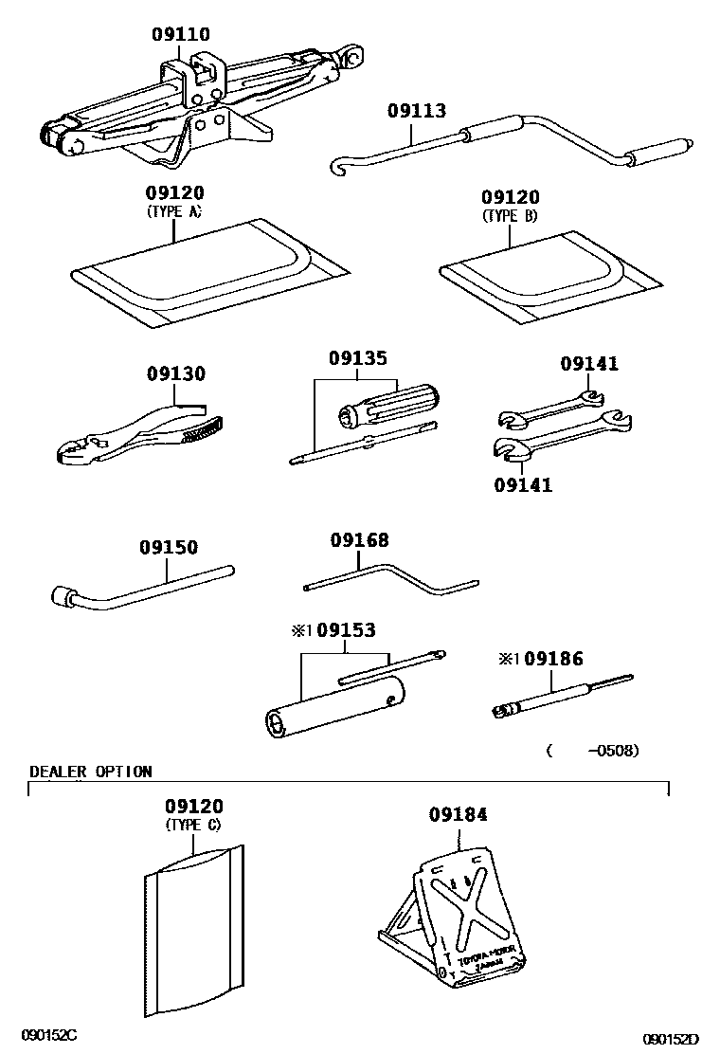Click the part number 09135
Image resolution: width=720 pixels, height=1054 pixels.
(x=358, y=359)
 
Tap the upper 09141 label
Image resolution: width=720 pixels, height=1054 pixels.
(x=588, y=364)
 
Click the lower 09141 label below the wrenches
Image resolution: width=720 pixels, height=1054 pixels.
(x=522, y=485)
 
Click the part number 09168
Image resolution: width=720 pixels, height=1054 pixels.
(x=359, y=540)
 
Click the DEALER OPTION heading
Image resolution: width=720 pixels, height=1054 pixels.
(x=90, y=772)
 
